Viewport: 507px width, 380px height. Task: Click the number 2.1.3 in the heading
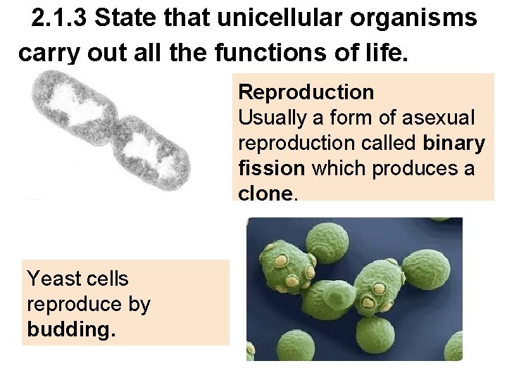(x=61, y=19)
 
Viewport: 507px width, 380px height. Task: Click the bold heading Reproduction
(x=306, y=92)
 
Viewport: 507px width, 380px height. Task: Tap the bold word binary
(x=454, y=144)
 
